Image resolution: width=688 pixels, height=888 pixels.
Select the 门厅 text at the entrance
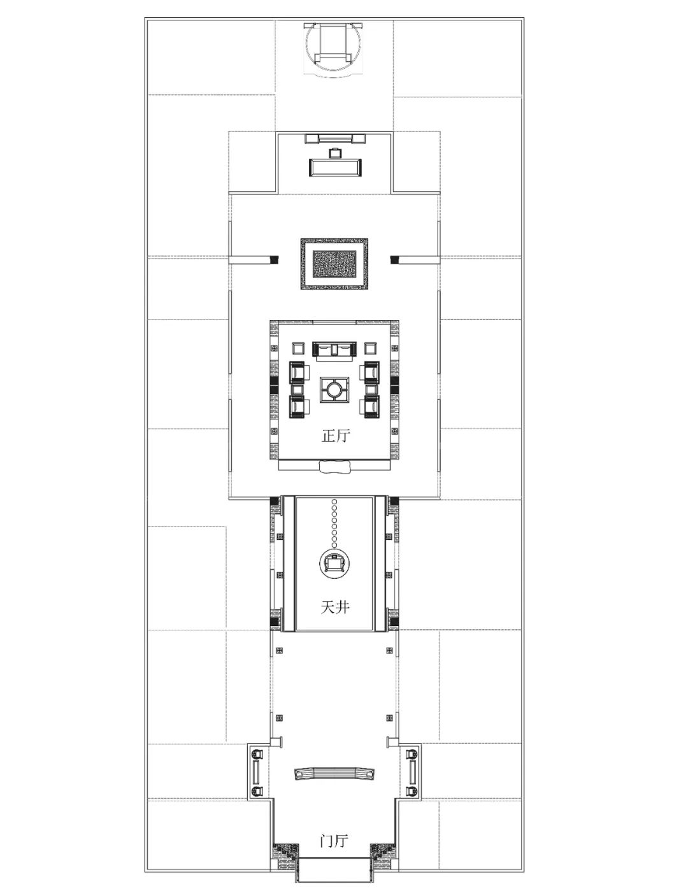[x=334, y=840]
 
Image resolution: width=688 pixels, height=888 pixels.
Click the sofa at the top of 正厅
[x=334, y=351]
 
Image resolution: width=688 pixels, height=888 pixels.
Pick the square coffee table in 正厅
[x=334, y=389]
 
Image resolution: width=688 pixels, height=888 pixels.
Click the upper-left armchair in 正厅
[x=299, y=372]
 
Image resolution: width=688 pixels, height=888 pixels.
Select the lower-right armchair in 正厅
[x=370, y=407]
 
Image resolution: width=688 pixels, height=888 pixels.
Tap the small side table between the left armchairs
[x=297, y=389]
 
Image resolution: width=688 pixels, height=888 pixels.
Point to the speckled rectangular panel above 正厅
[x=334, y=265]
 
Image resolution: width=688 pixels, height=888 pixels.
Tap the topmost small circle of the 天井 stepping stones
[x=335, y=502]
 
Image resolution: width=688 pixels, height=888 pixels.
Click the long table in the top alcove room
[x=335, y=168]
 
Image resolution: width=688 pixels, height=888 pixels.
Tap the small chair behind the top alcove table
[x=335, y=153]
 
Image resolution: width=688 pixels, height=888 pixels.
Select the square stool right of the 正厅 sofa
[x=370, y=349]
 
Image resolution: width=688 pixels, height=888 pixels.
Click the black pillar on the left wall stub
[x=275, y=259]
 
